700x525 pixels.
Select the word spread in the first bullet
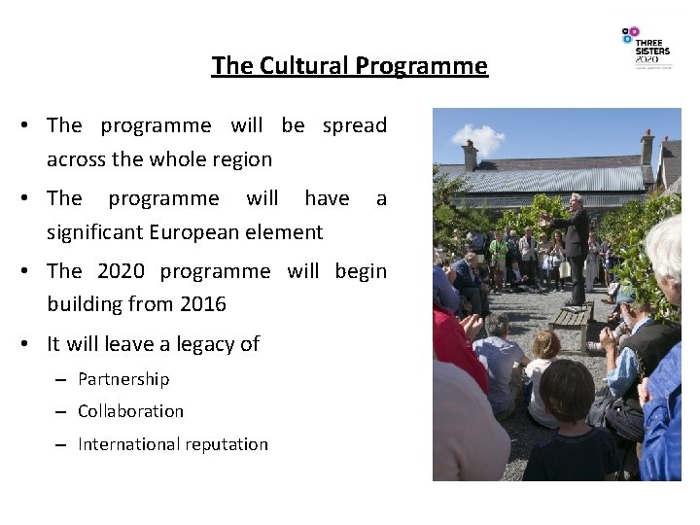pos(354,125)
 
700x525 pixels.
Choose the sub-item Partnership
pos(123,378)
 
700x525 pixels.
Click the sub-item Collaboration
pos(130,411)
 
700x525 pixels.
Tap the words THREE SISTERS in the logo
pos(651,47)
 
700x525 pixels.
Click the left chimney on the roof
pos(470,155)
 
